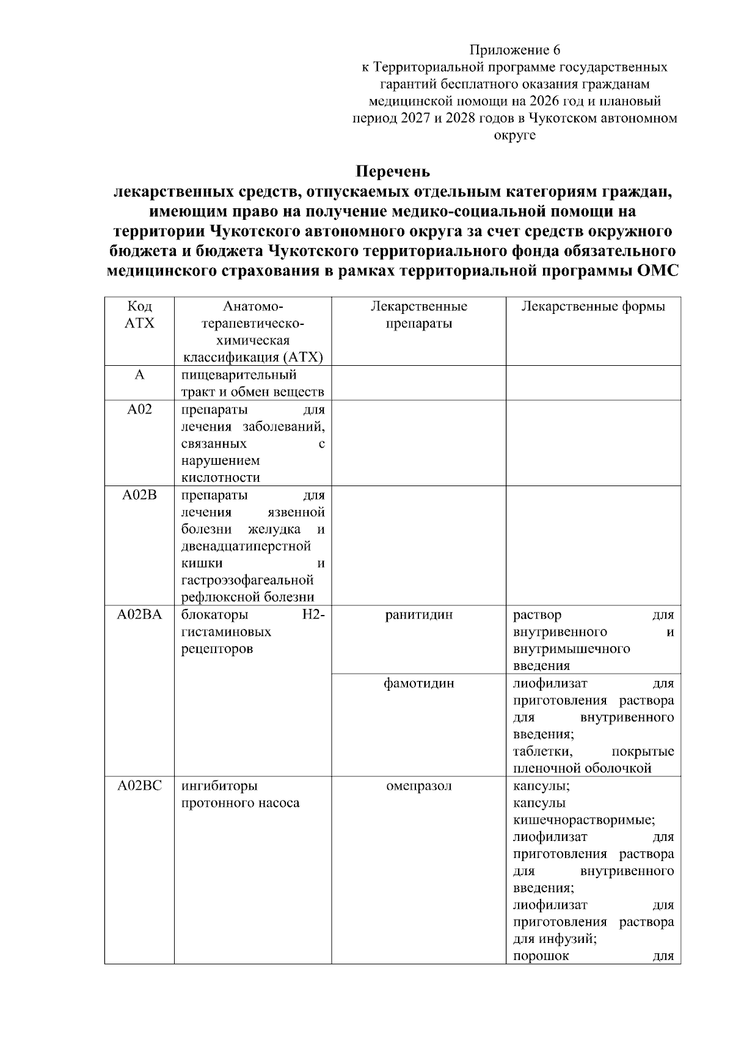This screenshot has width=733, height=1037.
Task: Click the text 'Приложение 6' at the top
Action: pyautogui.click(x=514, y=49)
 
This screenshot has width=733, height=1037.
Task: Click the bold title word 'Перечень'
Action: pyautogui.click(x=393, y=172)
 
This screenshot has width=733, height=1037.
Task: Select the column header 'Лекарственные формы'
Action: pyautogui.click(x=593, y=307)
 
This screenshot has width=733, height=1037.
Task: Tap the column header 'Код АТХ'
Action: pyautogui.click(x=139, y=315)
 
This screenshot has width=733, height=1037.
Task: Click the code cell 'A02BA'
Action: pyautogui.click(x=139, y=615)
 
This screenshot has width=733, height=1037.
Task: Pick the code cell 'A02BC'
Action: pyautogui.click(x=139, y=786)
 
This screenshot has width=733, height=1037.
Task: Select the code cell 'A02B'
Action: pyautogui.click(x=139, y=495)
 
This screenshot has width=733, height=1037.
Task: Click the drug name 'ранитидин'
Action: pyautogui.click(x=418, y=615)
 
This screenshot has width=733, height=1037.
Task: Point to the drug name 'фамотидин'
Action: pyautogui.click(x=418, y=683)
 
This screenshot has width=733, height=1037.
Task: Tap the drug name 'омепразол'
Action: pyautogui.click(x=418, y=786)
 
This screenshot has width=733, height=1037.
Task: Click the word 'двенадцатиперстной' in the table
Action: pyautogui.click(x=246, y=546)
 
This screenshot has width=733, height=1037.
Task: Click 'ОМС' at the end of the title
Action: pyautogui.click(x=657, y=271)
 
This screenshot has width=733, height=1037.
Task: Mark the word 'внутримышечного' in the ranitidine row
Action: pyautogui.click(x=571, y=649)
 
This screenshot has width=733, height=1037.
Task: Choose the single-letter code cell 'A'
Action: pyautogui.click(x=139, y=375)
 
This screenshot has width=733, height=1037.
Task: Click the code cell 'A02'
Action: pyautogui.click(x=139, y=410)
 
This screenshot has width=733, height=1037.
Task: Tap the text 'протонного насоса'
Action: pyautogui.click(x=240, y=803)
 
